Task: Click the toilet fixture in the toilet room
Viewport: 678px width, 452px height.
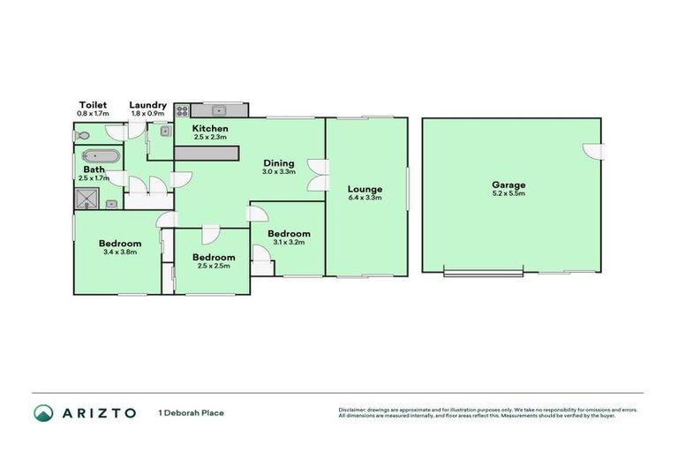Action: (x=81, y=136)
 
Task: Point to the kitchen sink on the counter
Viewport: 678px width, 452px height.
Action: (x=219, y=111)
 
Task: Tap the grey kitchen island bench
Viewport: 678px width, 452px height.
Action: (x=206, y=154)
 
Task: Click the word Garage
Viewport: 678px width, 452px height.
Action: (x=508, y=185)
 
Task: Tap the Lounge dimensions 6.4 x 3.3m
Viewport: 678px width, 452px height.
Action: (x=365, y=198)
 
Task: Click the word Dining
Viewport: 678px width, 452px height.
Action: (x=278, y=162)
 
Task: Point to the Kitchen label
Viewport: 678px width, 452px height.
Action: (x=210, y=128)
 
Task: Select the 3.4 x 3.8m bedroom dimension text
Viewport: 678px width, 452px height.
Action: (x=119, y=253)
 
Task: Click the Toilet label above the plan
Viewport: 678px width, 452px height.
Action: (x=92, y=105)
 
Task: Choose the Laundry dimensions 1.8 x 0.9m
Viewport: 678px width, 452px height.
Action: (x=147, y=114)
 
